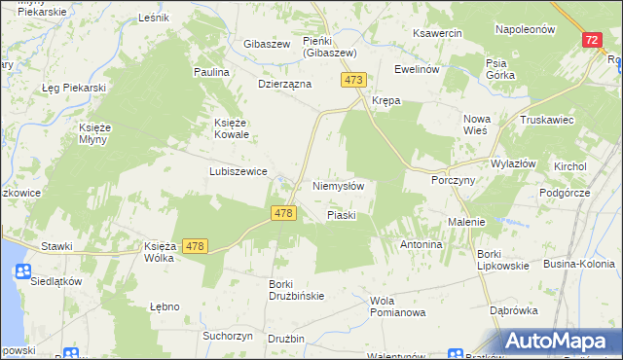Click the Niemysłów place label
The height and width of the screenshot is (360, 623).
(x=338, y=186)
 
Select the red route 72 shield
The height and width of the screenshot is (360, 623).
(x=592, y=40)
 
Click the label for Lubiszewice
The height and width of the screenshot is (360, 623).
(x=238, y=170)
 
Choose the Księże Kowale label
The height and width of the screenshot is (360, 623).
(x=233, y=128)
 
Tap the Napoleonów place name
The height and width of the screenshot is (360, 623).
(x=525, y=29)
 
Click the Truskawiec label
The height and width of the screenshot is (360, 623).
(x=545, y=120)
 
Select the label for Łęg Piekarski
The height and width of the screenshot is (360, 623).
(x=73, y=88)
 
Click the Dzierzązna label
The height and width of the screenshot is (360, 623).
(x=284, y=84)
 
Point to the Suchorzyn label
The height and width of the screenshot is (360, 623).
(x=228, y=335)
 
